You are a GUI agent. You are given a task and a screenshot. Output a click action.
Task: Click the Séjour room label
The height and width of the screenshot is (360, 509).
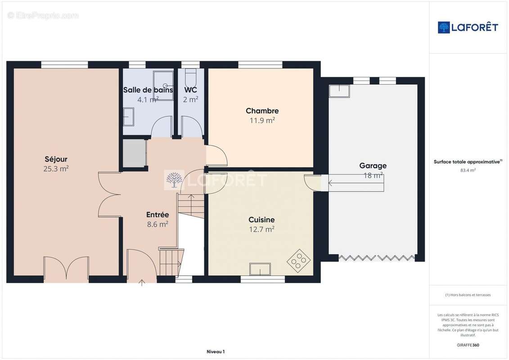point(56,159)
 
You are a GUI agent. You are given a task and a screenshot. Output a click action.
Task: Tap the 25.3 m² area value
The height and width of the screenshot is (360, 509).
point(56,168)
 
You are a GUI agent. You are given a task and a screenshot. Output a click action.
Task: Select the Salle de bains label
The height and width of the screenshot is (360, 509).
point(148,90)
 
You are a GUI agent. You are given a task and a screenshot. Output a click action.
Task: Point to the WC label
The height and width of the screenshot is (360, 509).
point(190,90)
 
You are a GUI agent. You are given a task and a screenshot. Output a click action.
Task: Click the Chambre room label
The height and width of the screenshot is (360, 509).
point(262,111)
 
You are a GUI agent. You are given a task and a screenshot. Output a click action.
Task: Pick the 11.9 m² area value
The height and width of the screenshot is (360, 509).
point(262,121)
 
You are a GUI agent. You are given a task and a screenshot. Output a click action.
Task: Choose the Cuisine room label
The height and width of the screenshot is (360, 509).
point(261,220)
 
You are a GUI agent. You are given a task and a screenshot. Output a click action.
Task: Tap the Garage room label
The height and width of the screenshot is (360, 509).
point(373,166)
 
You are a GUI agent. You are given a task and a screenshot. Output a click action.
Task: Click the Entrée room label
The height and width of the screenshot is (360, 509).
point(158,215)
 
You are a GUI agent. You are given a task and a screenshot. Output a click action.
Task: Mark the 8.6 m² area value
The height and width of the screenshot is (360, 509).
point(158,224)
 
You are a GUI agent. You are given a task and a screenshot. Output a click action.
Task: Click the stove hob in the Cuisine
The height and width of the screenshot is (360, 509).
point(299,261)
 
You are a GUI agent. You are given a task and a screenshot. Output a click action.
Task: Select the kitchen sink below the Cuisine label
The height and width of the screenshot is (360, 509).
point(260,269)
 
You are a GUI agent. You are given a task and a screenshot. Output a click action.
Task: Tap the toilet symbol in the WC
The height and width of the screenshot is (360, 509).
point(191,77)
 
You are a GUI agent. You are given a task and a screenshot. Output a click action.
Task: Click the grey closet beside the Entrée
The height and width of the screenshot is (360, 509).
point(134,153)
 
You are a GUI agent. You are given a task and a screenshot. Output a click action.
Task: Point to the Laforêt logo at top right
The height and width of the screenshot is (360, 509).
point(468,27)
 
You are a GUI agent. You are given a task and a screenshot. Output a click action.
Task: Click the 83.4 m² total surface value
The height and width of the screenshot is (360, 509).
point(468,170)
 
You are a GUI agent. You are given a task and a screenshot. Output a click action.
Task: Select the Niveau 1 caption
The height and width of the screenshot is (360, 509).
point(216,351)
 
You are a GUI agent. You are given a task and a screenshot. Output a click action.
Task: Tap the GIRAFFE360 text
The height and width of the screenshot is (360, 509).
point(468,345)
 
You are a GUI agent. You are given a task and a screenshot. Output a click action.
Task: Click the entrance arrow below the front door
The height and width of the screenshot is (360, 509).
point(142,283)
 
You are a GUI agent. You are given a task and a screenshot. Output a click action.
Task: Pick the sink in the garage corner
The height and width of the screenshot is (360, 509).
point(339,91)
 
